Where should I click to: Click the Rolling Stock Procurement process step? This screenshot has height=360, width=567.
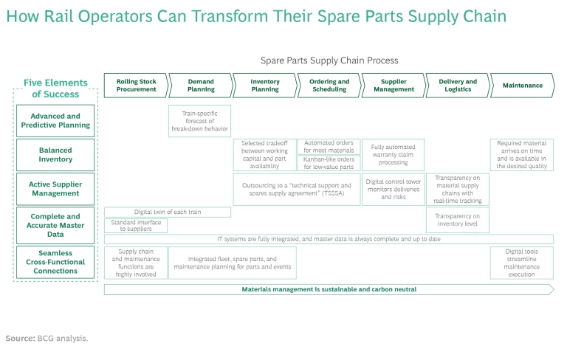(136, 86)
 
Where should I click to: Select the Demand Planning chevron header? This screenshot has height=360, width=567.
(200, 86)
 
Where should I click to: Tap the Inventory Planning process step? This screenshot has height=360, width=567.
(264, 86)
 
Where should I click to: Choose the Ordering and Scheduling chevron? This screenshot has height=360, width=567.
(329, 86)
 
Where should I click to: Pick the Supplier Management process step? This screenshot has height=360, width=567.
(393, 86)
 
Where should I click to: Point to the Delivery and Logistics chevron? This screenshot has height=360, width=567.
(457, 86)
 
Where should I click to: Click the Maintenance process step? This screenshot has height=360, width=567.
(522, 86)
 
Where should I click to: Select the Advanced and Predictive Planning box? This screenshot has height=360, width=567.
(55, 121)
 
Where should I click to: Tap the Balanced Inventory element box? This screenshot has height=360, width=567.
(55, 155)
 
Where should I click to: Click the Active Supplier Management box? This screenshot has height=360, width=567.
(55, 189)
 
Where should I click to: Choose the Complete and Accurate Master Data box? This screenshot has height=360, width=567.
(55, 225)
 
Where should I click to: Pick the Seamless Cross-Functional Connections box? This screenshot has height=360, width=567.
(55, 262)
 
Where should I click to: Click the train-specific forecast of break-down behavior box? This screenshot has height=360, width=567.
(200, 121)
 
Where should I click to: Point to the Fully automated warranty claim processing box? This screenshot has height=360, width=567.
(393, 155)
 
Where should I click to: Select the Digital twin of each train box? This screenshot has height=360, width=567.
(168, 212)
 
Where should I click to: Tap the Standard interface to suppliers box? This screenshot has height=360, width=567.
(136, 226)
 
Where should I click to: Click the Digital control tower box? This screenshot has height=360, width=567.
(393, 189)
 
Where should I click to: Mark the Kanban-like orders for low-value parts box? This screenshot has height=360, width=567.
(329, 162)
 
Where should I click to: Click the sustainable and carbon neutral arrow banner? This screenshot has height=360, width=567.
(329, 289)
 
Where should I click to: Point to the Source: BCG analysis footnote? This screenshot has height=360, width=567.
(47, 338)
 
